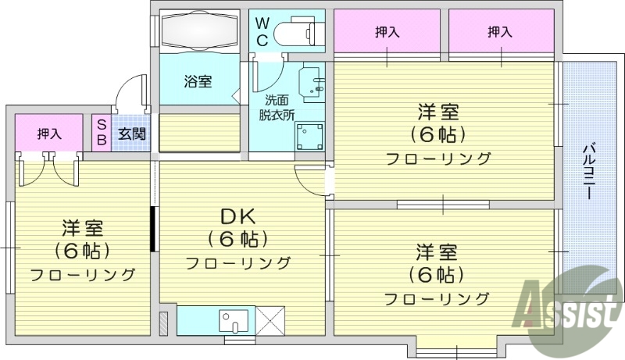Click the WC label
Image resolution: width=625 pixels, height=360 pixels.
pos(261,31)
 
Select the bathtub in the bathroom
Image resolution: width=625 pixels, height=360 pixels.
pos(199,34)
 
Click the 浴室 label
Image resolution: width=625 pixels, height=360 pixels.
pos(198,81)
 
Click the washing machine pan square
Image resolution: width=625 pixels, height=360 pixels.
pos(309,137)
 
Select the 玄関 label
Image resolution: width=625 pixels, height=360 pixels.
pos(132,134)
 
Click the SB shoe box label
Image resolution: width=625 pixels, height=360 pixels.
pos(102,133)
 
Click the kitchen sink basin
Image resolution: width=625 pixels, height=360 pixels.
pos(232,320)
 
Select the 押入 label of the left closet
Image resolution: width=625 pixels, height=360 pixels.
pos(49,134)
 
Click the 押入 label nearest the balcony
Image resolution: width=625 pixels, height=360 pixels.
pos(500,32)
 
